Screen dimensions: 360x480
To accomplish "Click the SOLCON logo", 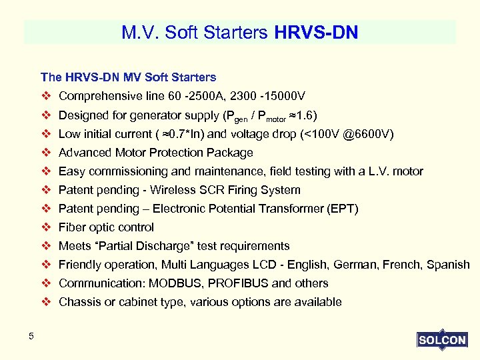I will tap(442, 340).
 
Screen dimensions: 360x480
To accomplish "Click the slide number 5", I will tap(31, 336).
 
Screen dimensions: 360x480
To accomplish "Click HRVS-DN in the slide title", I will tap(316, 32).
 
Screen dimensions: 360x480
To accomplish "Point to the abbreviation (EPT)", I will tap(343, 209).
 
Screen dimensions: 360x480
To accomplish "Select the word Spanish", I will tap(447, 265).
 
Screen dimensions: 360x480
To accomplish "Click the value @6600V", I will tap(365, 134).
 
